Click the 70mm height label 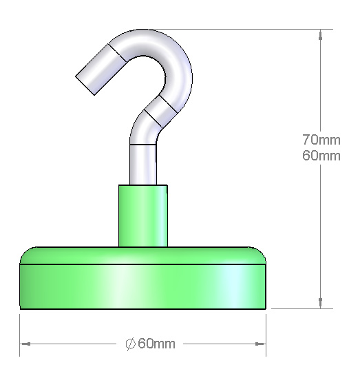321,140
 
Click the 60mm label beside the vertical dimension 321,156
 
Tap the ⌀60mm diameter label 150,344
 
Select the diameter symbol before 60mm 131,344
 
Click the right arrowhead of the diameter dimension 260,344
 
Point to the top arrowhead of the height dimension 320,35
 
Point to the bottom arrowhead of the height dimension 320,303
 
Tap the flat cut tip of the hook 85,86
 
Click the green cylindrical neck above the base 143,216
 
